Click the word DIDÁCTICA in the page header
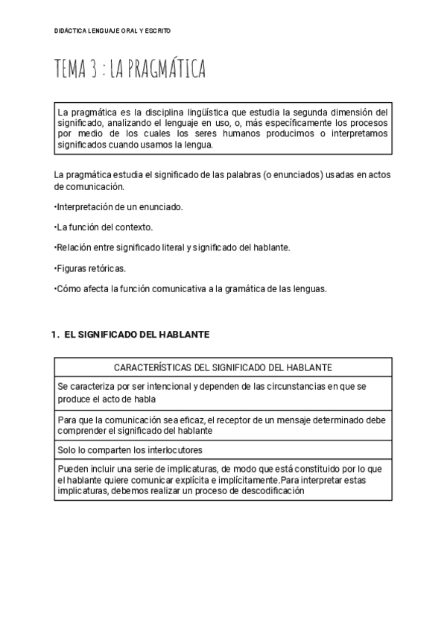[x=71, y=31]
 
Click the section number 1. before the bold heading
[x=55, y=335]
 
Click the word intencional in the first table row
[x=160, y=386]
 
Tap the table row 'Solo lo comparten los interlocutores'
[x=130, y=450]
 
